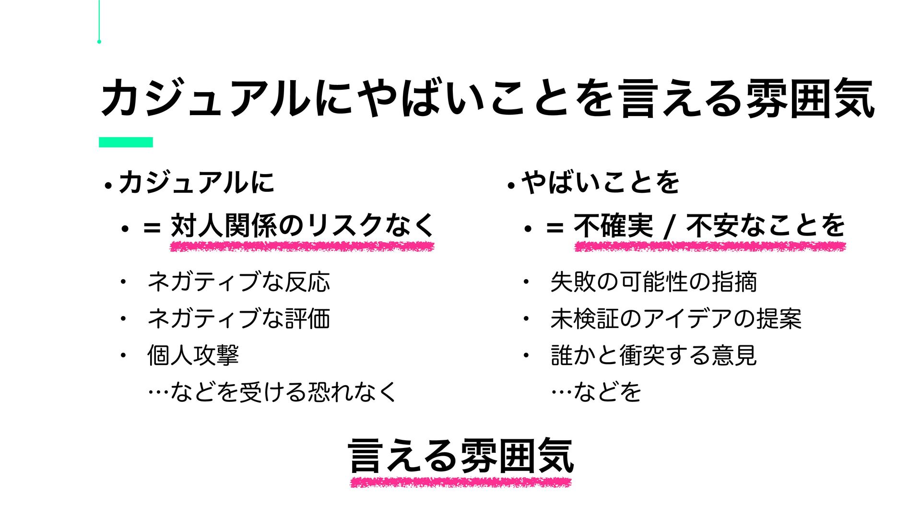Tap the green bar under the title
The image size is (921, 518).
[126, 142]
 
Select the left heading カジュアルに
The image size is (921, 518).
[196, 183]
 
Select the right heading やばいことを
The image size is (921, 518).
[600, 183]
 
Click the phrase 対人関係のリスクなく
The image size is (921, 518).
[302, 225]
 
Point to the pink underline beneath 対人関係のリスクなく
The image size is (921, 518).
[302, 247]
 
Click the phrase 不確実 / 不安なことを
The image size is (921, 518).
[709, 225]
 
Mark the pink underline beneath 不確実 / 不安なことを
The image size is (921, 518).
[710, 247]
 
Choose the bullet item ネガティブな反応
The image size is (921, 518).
[238, 282]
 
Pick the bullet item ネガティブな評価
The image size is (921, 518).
[238, 318]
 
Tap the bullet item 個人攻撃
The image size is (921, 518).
[193, 355]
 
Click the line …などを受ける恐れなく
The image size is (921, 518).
[272, 392]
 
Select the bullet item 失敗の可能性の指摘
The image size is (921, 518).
[653, 282]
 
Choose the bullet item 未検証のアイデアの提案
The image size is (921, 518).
[676, 318]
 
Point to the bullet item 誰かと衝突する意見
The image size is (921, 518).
[653, 355]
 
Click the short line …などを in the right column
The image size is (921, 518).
[596, 392]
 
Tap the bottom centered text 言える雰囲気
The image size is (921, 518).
[460, 456]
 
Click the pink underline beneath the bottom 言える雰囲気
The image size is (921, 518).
[460, 482]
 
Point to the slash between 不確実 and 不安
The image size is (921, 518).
[669, 226]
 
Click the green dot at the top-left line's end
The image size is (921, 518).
[99, 42]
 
